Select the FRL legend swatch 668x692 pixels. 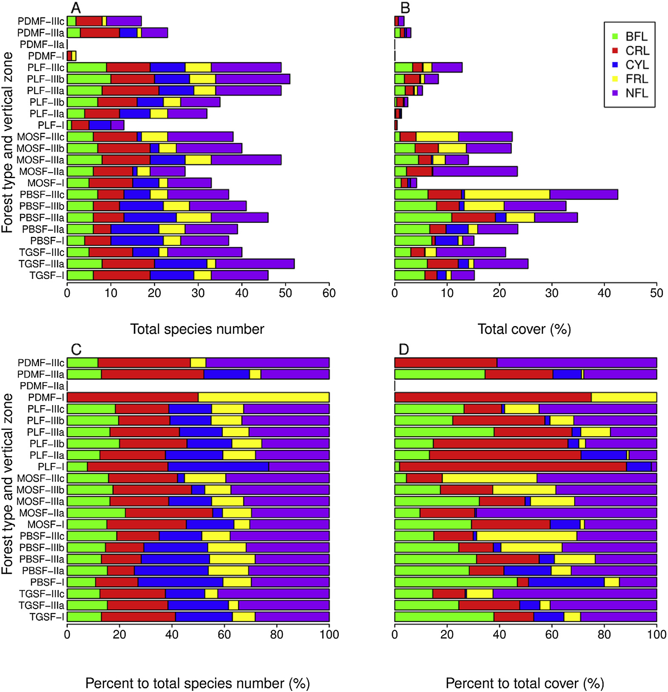coord(615,79)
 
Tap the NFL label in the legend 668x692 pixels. coord(637,93)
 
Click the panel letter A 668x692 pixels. coord(76,8)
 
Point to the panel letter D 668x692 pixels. coord(404,349)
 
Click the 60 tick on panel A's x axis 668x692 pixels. coord(329,293)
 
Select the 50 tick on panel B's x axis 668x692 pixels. coord(657,293)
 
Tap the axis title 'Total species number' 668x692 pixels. coord(197,329)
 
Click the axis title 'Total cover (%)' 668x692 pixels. coord(524,329)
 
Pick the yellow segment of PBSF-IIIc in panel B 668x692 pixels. coord(507,195)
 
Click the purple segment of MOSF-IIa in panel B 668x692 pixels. coord(475,171)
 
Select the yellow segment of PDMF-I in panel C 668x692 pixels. coord(264,397)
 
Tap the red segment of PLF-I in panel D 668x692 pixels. coord(513,467)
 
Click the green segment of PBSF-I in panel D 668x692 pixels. coord(456,582)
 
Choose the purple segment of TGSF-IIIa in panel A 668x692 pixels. coord(255,264)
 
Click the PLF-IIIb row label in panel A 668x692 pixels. coord(45,79)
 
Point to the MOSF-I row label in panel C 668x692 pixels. coord(45,525)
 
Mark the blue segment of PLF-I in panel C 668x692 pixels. coord(219,467)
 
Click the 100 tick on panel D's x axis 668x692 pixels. coord(657,635)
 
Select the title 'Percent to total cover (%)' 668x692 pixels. coord(525,683)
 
